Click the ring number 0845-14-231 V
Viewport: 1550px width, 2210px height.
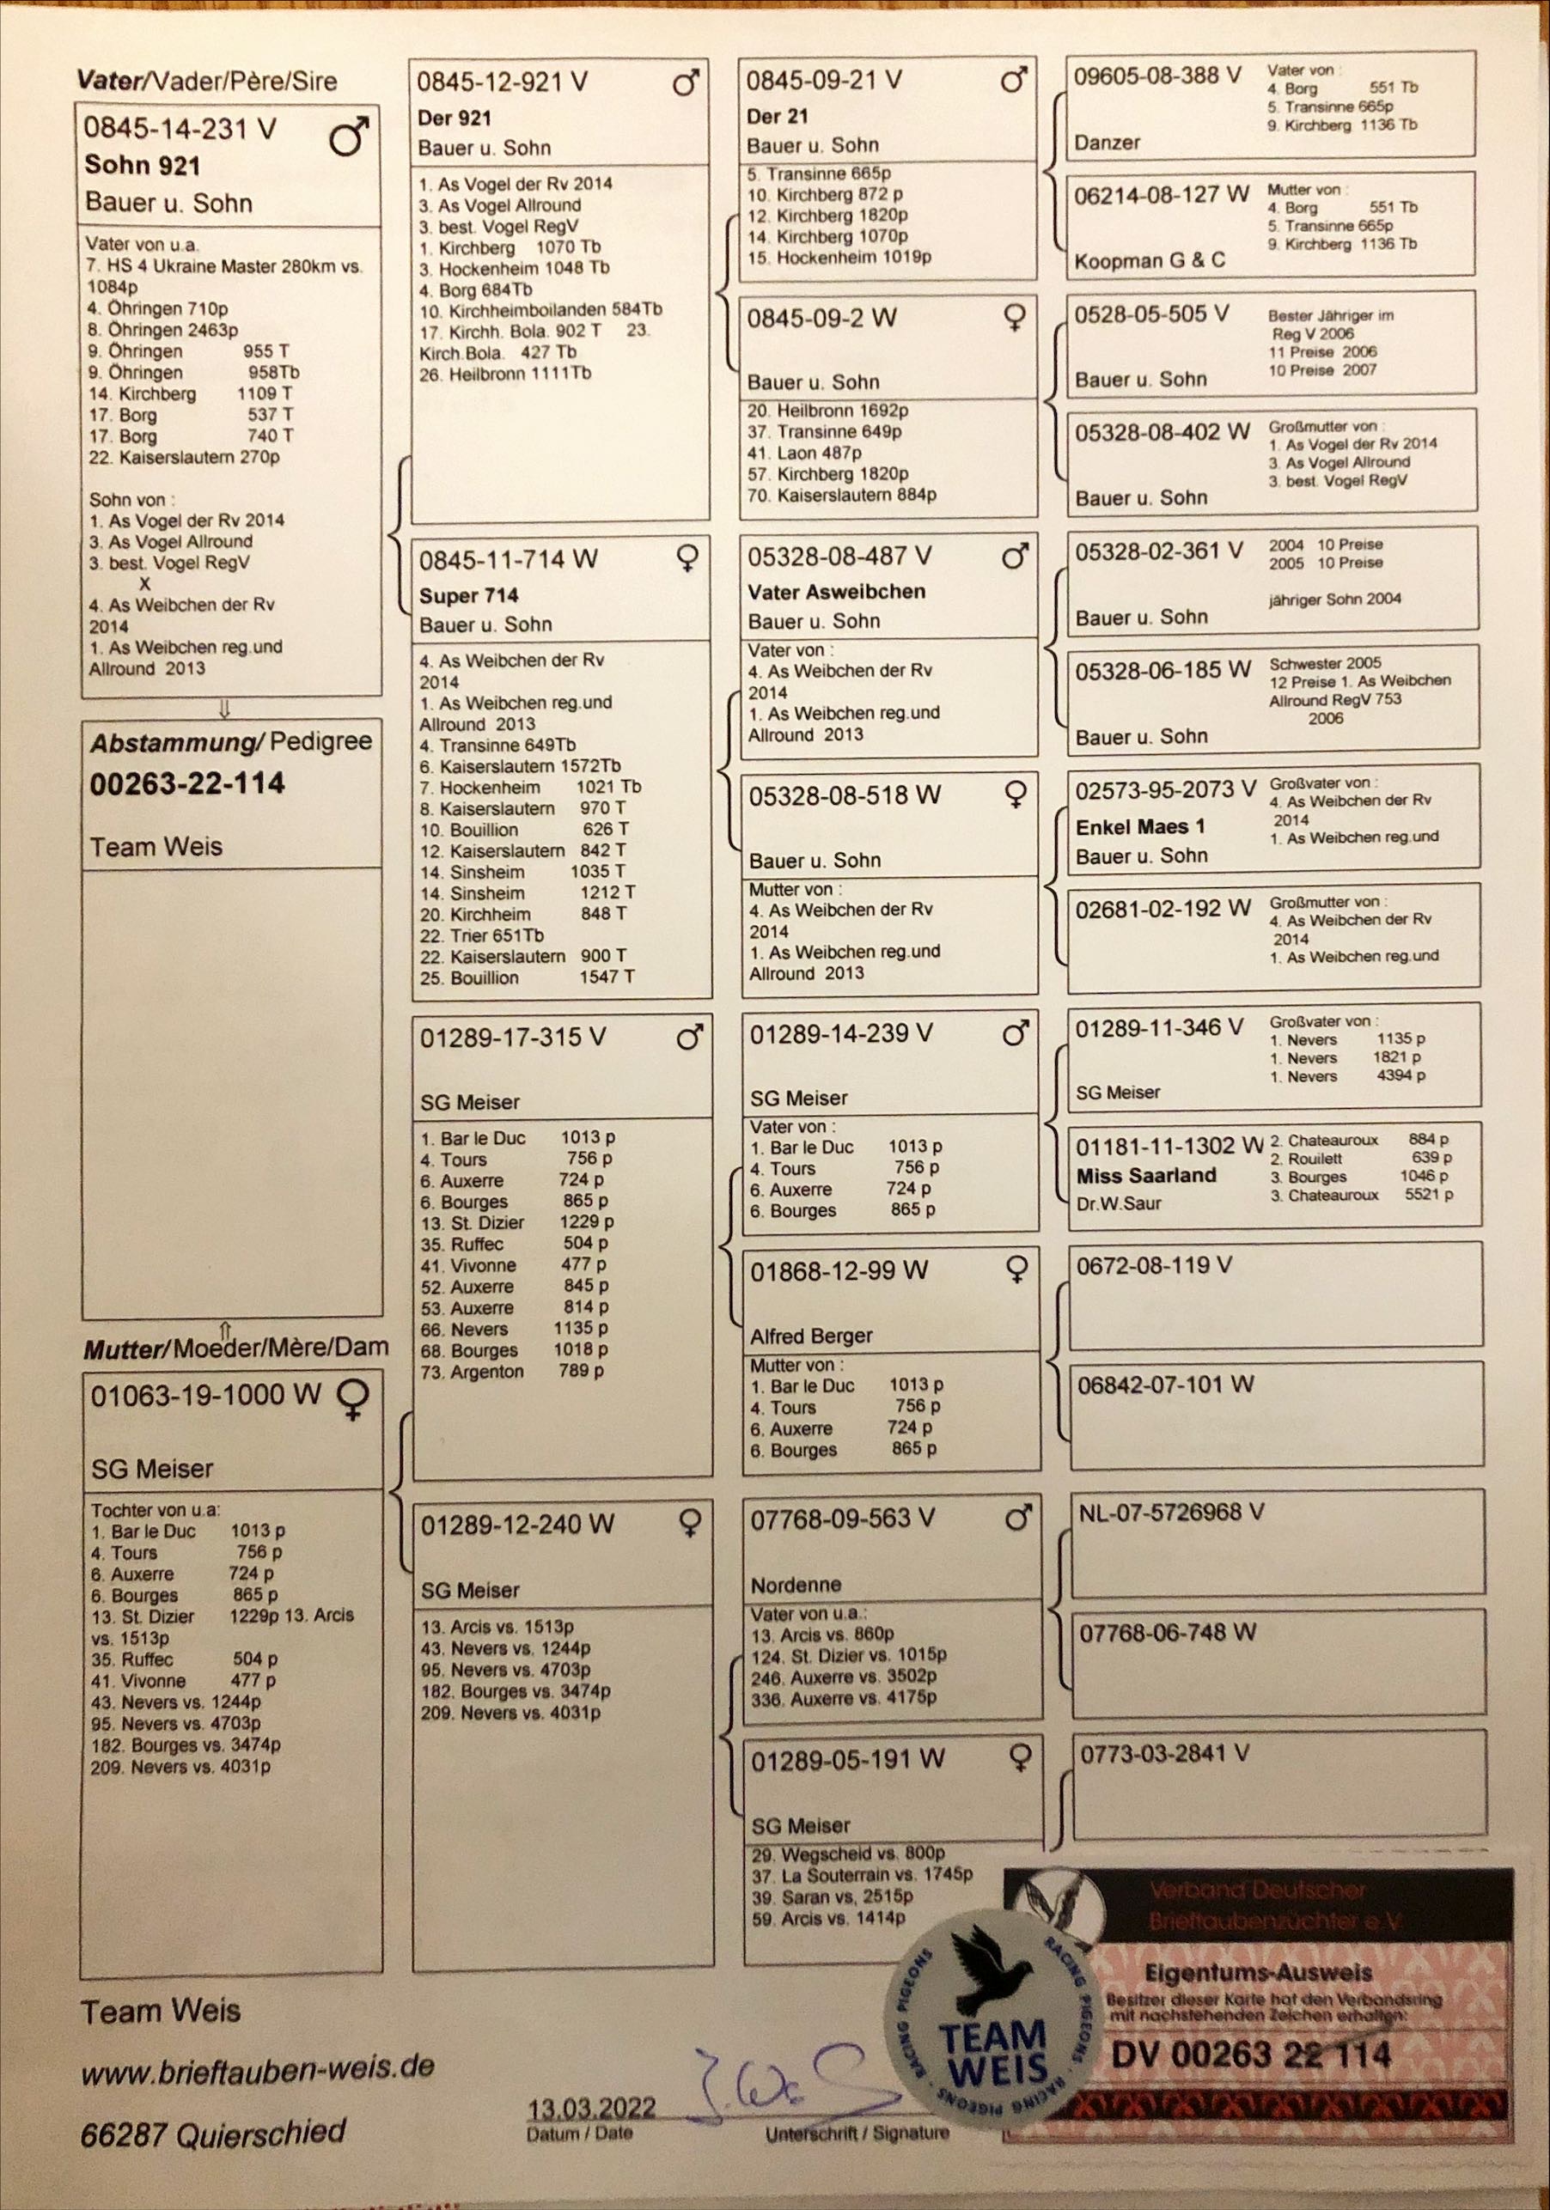pyautogui.click(x=180, y=128)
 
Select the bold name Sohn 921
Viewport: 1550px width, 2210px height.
pyautogui.click(x=142, y=166)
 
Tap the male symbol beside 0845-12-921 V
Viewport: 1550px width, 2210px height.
pyautogui.click(x=686, y=83)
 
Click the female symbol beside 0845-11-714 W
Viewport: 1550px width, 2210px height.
pyautogui.click(x=687, y=558)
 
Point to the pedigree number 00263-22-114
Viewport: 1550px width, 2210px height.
pyautogui.click(x=187, y=783)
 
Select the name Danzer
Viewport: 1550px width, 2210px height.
pyautogui.click(x=1108, y=143)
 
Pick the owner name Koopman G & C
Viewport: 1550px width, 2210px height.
pyautogui.click(x=1150, y=261)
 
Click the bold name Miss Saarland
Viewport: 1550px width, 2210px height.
pyautogui.click(x=1145, y=1175)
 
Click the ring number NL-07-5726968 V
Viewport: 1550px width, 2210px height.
pyautogui.click(x=1171, y=1513)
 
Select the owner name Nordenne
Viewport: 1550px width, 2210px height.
pyautogui.click(x=796, y=1585)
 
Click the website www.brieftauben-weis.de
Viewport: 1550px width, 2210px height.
pyautogui.click(x=257, y=2067)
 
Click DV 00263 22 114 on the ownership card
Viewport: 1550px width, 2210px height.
pyautogui.click(x=1252, y=2055)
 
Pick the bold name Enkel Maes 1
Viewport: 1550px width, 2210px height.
pyautogui.click(x=1140, y=827)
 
